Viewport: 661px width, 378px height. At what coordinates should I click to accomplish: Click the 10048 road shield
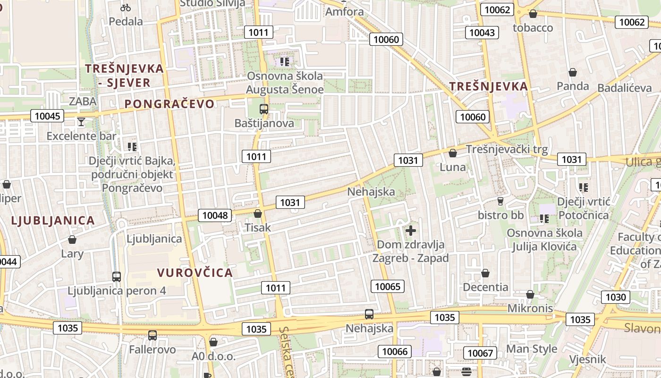pyautogui.click(x=215, y=216)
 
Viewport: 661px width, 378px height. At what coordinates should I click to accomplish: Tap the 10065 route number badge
pyautogui.click(x=388, y=286)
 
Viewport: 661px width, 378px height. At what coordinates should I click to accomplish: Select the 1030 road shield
pyautogui.click(x=616, y=297)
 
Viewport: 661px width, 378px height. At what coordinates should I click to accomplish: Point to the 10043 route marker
pyautogui.click(x=482, y=33)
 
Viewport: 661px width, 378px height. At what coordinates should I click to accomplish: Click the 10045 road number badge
pyautogui.click(x=47, y=116)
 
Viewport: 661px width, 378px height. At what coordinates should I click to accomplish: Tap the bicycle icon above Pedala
pyautogui.click(x=126, y=8)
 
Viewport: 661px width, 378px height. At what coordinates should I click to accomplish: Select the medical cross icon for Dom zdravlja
pyautogui.click(x=411, y=231)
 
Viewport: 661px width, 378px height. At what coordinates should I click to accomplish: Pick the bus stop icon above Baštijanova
pyautogui.click(x=264, y=109)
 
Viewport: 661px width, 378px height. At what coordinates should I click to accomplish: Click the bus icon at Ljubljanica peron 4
pyautogui.click(x=117, y=277)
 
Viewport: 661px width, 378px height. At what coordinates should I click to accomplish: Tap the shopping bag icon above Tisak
pyautogui.click(x=258, y=214)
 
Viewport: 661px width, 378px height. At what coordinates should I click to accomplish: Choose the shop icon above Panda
pyautogui.click(x=573, y=72)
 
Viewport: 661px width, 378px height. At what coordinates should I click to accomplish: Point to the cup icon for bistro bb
pyautogui.click(x=501, y=201)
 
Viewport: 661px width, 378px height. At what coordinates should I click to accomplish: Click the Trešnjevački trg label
pyautogui.click(x=507, y=149)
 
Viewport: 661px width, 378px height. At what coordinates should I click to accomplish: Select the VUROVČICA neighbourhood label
pyautogui.click(x=195, y=273)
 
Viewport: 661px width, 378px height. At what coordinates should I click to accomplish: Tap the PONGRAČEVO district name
pyautogui.click(x=169, y=104)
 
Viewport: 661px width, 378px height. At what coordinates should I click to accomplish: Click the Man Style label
pyautogui.click(x=532, y=349)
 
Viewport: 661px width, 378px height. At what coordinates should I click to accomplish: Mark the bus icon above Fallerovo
pyautogui.click(x=153, y=335)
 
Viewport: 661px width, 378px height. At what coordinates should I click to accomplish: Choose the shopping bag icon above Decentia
pyautogui.click(x=485, y=273)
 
